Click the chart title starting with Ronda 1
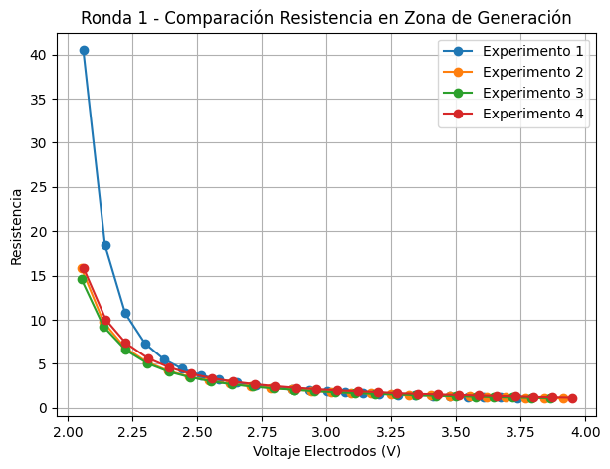click(x=325, y=18)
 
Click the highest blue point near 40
click(x=84, y=50)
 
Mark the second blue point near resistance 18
click(x=105, y=245)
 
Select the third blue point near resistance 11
click(x=125, y=313)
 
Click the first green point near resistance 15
click(x=82, y=279)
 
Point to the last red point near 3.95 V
click(x=572, y=398)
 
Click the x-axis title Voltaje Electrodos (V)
click(x=326, y=451)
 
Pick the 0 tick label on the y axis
click(x=44, y=408)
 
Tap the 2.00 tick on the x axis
click(x=68, y=431)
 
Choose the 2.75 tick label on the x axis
click(x=262, y=431)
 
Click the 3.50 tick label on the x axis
click(x=456, y=431)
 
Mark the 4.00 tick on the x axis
click(x=585, y=431)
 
